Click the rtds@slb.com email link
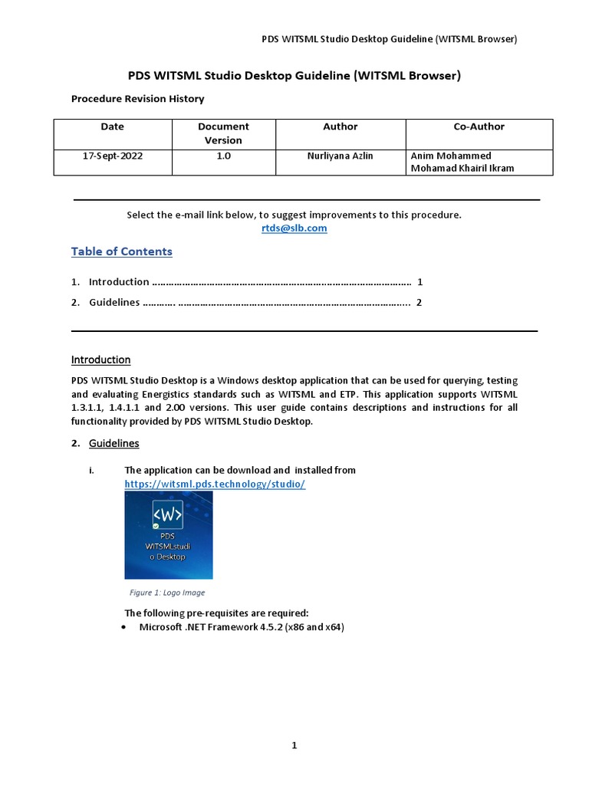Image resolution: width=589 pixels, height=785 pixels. (x=294, y=228)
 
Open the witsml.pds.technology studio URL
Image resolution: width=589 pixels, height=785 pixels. (x=215, y=485)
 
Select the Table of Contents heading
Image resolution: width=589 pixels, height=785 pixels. (x=121, y=251)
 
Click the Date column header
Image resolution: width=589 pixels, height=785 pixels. (x=112, y=126)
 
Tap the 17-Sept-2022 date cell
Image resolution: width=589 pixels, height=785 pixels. (x=112, y=156)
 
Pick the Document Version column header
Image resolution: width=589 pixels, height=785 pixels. (x=222, y=133)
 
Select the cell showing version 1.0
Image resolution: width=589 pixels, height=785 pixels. (x=222, y=156)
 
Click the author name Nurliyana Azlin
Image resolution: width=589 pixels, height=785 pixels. (x=340, y=156)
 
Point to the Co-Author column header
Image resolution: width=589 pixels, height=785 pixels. (x=479, y=126)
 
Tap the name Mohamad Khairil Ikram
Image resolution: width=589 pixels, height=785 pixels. (x=462, y=168)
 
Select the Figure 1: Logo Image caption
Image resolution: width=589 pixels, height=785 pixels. (x=167, y=593)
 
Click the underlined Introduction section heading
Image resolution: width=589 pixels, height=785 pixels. (x=100, y=360)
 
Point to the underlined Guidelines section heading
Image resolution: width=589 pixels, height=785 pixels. (x=114, y=443)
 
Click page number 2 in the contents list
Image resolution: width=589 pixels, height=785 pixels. (x=419, y=302)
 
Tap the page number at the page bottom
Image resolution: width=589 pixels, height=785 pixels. (x=294, y=745)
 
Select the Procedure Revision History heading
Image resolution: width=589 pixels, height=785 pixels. (x=137, y=99)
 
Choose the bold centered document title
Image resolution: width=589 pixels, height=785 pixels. (x=294, y=75)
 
